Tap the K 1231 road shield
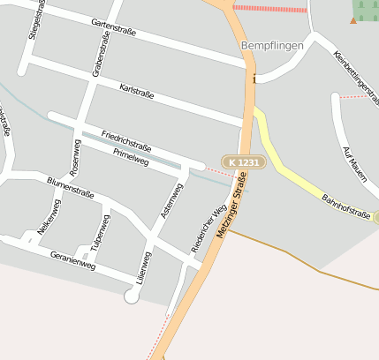242,162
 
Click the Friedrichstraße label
126,139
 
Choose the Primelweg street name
131,156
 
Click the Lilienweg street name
143,266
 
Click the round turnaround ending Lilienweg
132,296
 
